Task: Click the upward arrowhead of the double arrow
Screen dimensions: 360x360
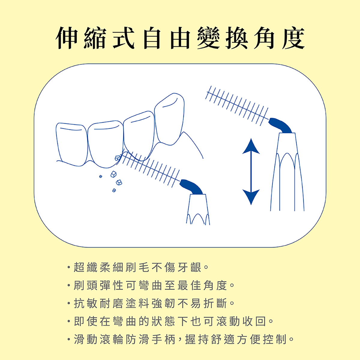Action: (251, 146)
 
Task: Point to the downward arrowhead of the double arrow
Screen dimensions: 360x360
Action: (251, 197)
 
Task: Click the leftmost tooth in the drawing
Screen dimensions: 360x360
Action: (72, 144)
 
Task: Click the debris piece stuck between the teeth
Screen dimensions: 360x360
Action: (118, 158)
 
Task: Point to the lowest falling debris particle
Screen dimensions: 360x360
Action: (114, 190)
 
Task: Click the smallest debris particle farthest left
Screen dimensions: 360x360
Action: (100, 176)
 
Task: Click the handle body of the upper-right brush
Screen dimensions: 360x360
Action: (287, 172)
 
